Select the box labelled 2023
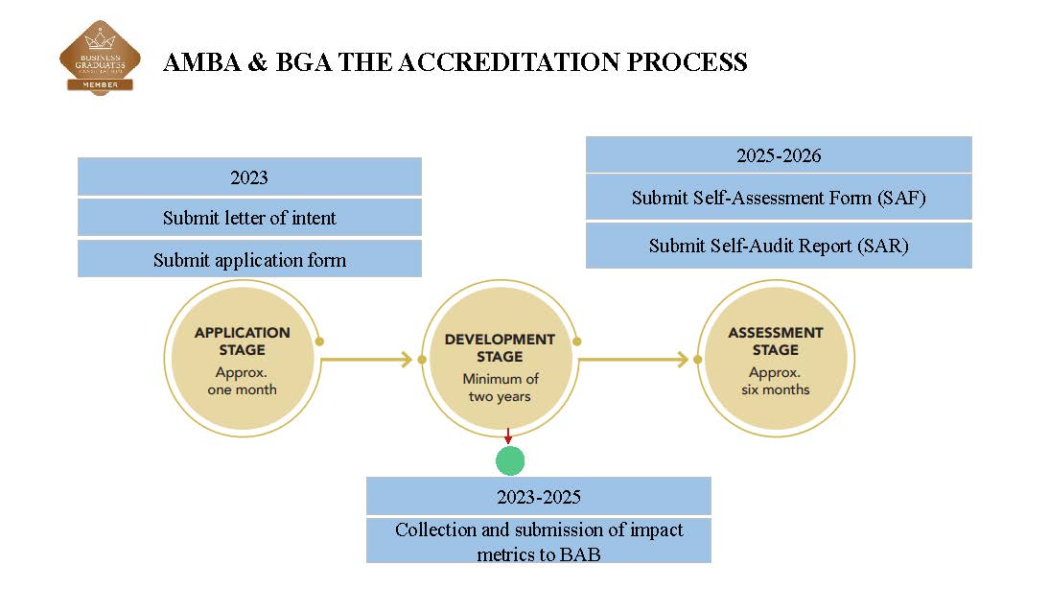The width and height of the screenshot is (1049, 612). (x=249, y=177)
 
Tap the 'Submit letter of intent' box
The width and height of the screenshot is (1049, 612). (x=249, y=218)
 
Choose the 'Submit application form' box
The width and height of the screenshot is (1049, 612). (x=249, y=259)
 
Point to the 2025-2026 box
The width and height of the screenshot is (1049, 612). (x=779, y=155)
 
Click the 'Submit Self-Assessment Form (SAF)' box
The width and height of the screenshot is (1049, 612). (x=779, y=198)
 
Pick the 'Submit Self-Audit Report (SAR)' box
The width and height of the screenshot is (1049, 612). (x=779, y=246)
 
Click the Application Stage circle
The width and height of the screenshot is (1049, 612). (x=241, y=360)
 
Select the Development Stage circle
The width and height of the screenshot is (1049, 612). (x=499, y=360)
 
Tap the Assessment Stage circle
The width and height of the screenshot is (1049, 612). (x=775, y=360)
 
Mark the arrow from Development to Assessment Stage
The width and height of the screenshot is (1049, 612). (x=634, y=360)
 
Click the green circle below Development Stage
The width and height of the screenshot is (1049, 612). (x=510, y=460)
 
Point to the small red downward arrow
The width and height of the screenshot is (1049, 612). (x=508, y=437)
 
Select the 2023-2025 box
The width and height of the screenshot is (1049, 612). (x=539, y=497)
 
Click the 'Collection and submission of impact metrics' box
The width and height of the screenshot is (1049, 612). (x=539, y=541)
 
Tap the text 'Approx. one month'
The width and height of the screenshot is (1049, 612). (x=242, y=381)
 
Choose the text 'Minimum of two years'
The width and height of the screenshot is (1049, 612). (x=500, y=388)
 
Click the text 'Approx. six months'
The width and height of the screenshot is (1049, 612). (x=775, y=381)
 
